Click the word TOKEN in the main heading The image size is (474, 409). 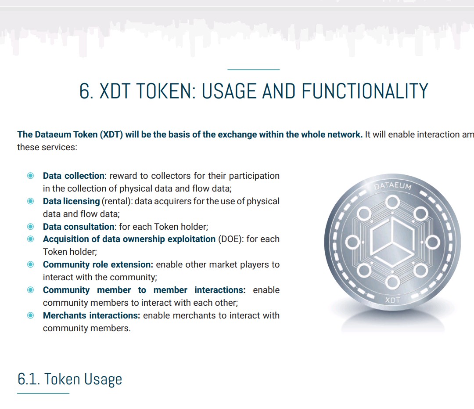(164, 91)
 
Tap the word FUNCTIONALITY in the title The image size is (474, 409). (365, 91)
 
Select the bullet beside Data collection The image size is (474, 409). (31, 176)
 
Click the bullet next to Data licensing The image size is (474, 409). (31, 201)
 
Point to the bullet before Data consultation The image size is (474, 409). (31, 227)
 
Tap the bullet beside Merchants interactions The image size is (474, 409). (31, 315)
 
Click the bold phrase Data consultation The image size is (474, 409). (79, 227)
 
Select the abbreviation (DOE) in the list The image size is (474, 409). (231, 239)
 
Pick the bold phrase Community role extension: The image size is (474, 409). (98, 264)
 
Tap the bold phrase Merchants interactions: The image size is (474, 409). (92, 315)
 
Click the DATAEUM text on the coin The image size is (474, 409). (393, 186)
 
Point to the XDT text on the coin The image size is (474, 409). (392, 300)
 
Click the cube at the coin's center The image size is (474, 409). (392, 242)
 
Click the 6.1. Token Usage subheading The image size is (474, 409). (70, 380)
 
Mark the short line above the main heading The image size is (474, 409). (254, 70)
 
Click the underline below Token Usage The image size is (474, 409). (43, 393)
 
